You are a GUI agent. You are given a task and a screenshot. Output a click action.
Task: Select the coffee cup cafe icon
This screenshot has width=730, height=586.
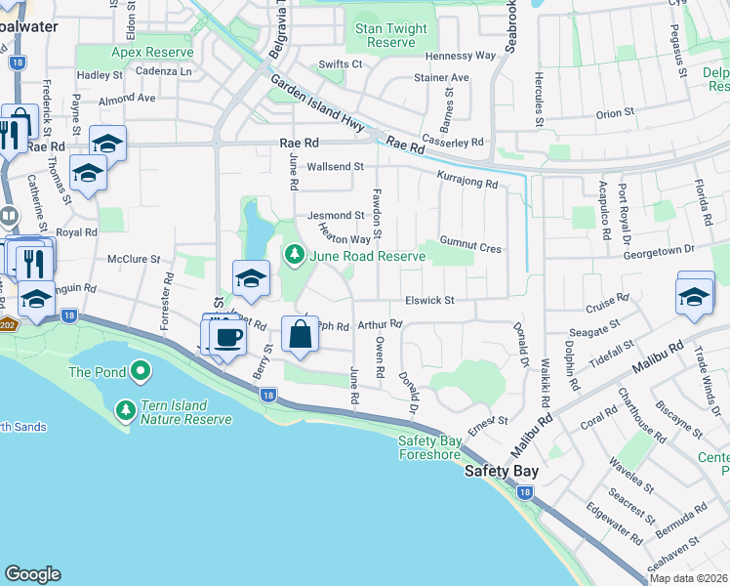point(228,338)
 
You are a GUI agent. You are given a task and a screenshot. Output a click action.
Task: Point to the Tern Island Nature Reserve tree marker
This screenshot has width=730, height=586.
point(126,411)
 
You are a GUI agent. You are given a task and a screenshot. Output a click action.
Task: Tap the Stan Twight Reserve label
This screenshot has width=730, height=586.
point(391,36)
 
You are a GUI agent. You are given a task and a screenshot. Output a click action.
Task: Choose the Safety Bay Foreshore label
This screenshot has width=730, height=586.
point(429,446)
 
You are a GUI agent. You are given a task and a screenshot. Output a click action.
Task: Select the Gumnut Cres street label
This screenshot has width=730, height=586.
point(470,249)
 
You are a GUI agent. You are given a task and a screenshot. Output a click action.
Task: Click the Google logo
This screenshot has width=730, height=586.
point(32,574)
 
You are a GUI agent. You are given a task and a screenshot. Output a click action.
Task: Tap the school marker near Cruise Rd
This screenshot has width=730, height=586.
point(695,295)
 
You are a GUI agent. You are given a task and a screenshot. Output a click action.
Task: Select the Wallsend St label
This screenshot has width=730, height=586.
point(335,167)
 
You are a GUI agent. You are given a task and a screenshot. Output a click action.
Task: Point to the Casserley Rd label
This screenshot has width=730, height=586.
point(453,142)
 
